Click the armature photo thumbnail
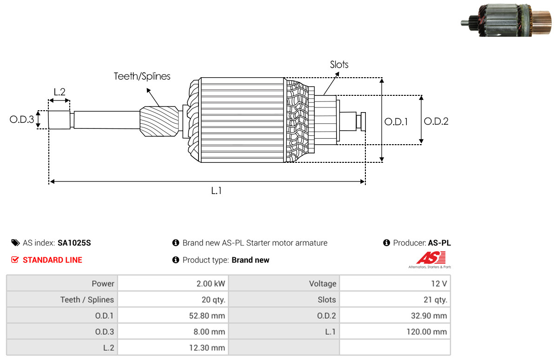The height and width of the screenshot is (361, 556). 507,20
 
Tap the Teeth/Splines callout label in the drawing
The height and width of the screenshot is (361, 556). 142,76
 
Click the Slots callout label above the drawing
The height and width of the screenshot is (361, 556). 339,65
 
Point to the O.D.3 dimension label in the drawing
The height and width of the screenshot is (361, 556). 22,119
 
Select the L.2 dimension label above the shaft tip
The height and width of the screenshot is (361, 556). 60,92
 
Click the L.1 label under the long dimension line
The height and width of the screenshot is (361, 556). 216,191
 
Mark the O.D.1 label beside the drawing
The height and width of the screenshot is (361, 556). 396,122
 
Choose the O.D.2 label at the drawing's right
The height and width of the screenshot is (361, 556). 436,121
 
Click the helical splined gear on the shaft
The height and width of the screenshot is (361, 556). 159,121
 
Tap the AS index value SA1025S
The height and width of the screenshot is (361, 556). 74,243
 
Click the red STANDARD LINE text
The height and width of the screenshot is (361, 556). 53,260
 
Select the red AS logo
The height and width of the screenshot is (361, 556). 430,258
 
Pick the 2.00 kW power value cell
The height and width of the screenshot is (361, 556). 173,284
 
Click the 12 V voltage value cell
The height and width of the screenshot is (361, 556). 395,284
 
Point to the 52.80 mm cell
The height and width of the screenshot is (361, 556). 173,315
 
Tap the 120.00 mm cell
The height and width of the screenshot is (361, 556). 395,332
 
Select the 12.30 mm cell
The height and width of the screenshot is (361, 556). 173,348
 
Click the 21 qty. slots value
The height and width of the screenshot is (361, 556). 435,300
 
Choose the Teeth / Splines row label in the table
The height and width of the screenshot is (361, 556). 87,300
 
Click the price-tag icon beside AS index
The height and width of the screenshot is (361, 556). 15,243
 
